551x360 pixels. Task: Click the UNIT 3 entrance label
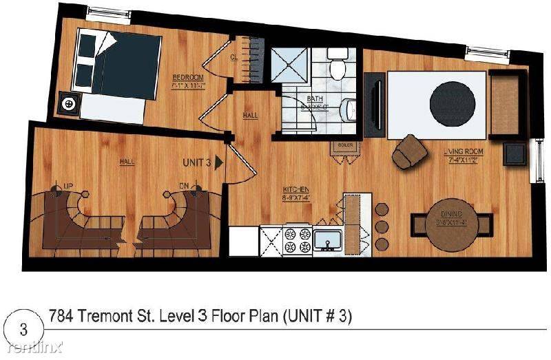point(196,163)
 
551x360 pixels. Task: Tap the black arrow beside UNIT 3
point(219,163)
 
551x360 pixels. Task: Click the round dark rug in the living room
point(452,103)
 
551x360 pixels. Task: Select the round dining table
point(452,225)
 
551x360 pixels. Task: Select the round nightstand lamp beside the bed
point(69,104)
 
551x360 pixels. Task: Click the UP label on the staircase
point(68,187)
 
